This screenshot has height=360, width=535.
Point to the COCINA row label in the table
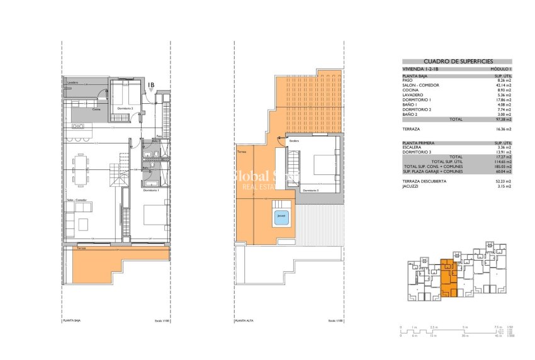(410, 89)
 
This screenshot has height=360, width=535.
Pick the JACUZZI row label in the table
(410, 186)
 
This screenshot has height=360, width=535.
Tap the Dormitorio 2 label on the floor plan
(123, 109)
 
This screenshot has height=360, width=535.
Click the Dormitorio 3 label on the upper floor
(310, 190)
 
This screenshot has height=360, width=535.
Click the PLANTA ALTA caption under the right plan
(244, 320)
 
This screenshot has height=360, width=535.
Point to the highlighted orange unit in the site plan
(448, 277)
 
